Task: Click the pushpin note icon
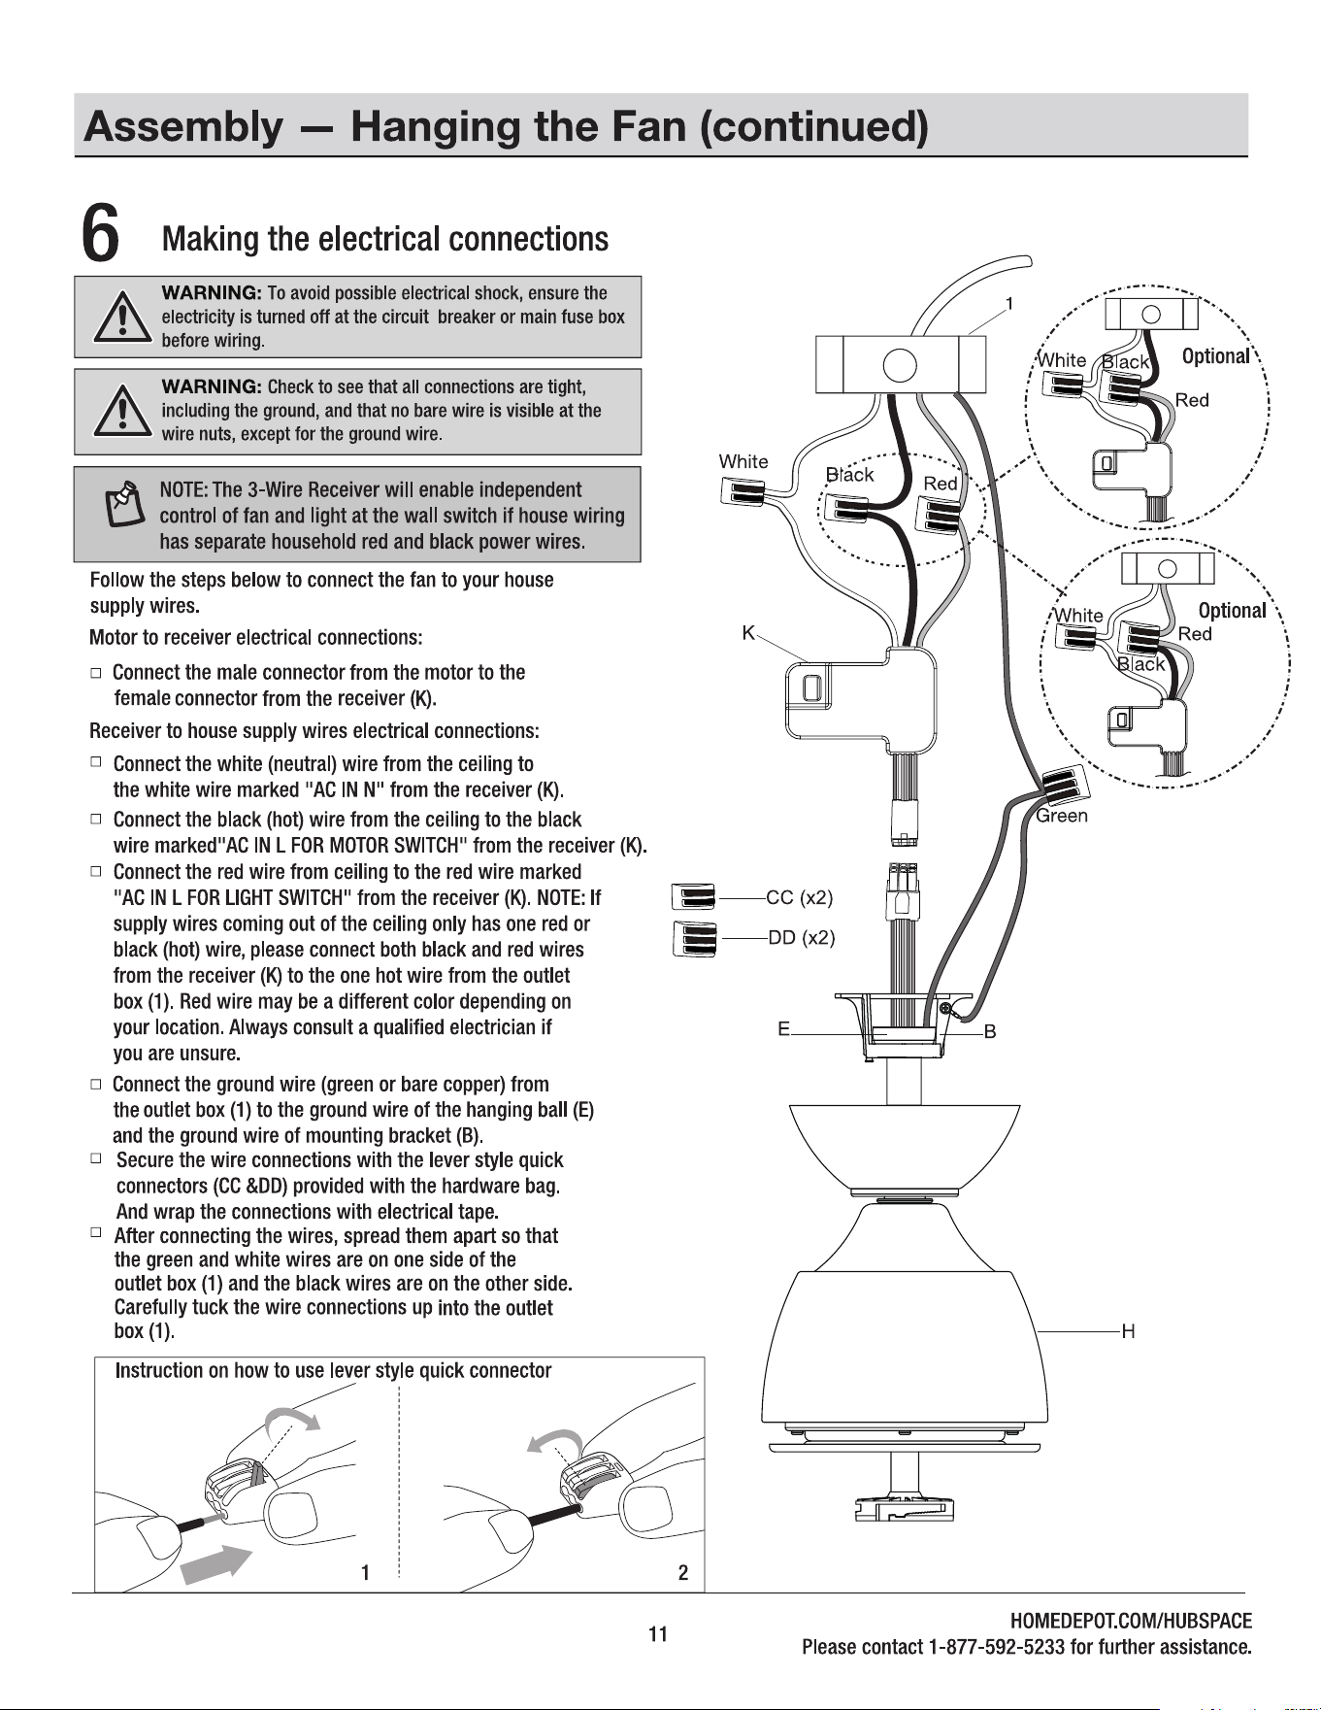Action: (121, 502)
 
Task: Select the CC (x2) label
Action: (799, 897)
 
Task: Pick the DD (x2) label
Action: (802, 938)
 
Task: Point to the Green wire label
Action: (1062, 816)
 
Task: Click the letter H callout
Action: (1128, 1332)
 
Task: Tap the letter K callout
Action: (748, 633)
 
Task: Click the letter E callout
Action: (783, 1028)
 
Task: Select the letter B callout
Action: (990, 1031)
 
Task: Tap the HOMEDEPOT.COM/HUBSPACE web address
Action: (1131, 1621)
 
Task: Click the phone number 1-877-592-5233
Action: (1011, 1647)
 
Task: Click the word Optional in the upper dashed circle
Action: (1215, 356)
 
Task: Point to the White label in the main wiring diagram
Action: (743, 461)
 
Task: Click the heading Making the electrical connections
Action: (385, 239)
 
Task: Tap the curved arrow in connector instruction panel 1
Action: (293, 1416)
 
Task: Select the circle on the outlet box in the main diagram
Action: (899, 365)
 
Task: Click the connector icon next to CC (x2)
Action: (694, 898)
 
